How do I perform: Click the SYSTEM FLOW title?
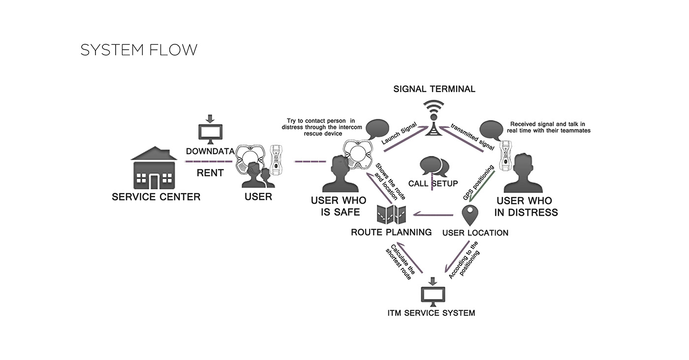(x=139, y=50)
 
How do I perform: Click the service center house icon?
(x=154, y=168)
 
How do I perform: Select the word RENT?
(x=210, y=173)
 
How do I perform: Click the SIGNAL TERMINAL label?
(x=434, y=89)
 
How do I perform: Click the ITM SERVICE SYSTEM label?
(x=431, y=313)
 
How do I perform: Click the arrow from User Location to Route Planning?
(x=433, y=214)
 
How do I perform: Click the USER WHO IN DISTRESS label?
(x=526, y=207)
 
